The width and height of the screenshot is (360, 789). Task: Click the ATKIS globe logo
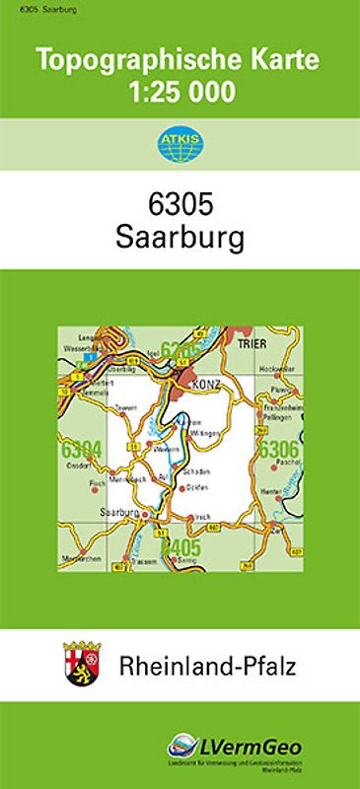point(179,146)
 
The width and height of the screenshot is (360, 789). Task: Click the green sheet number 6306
point(277,450)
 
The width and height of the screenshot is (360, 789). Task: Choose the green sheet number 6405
point(180,547)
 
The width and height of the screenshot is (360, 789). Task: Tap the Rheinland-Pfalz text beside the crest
point(207,668)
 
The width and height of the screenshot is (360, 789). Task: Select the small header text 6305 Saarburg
point(31,8)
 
